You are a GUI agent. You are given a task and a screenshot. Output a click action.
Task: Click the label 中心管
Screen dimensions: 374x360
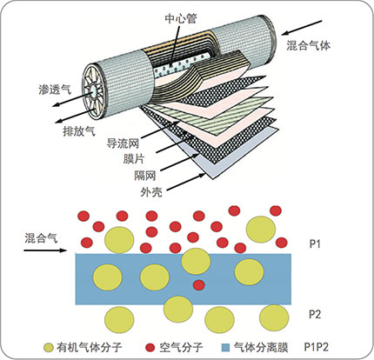(x=181, y=19)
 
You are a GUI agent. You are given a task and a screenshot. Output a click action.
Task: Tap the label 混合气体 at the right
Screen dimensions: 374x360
(x=309, y=45)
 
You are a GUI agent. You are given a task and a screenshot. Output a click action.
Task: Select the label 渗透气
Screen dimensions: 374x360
(x=55, y=90)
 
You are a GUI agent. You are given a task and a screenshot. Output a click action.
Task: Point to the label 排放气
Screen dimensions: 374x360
(x=79, y=131)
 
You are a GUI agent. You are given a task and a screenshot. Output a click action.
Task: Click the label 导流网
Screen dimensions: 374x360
(x=123, y=143)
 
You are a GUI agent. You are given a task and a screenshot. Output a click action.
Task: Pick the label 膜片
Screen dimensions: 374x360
(x=134, y=159)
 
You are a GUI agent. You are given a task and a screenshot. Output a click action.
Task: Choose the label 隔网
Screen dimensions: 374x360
(x=145, y=176)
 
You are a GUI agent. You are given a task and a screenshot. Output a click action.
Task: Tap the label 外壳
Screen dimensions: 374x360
(x=151, y=192)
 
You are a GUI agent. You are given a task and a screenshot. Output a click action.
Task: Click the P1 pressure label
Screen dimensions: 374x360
(x=315, y=244)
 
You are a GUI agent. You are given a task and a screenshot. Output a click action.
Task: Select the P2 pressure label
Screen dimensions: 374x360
(x=315, y=314)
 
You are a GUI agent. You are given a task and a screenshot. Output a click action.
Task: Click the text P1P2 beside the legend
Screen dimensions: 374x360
(x=317, y=347)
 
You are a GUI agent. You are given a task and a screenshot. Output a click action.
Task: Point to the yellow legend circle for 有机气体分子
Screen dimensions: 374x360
(x=49, y=347)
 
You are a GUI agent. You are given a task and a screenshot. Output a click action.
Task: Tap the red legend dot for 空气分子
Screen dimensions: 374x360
(x=150, y=347)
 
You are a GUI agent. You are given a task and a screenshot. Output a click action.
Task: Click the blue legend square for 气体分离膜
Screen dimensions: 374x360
(x=225, y=347)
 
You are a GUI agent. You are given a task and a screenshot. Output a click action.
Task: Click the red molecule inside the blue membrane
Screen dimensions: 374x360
(x=199, y=285)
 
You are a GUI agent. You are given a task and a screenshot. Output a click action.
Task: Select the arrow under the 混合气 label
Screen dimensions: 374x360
(x=45, y=250)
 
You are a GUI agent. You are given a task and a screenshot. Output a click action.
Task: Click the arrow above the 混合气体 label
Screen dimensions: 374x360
(x=302, y=28)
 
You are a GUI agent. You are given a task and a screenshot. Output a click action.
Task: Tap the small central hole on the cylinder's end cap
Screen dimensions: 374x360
(x=95, y=91)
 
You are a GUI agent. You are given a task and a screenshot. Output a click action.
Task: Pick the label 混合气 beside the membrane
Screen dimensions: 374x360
(x=41, y=238)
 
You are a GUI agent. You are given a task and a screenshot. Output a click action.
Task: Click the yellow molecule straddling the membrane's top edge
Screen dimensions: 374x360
(x=196, y=261)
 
